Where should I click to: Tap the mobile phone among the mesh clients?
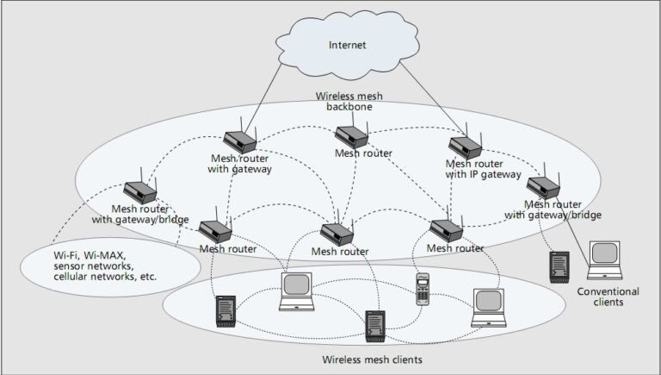pos(422,289)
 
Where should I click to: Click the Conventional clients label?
pos(608,297)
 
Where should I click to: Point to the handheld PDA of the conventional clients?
pos(560,266)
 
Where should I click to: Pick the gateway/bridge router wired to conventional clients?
pos(543,186)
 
